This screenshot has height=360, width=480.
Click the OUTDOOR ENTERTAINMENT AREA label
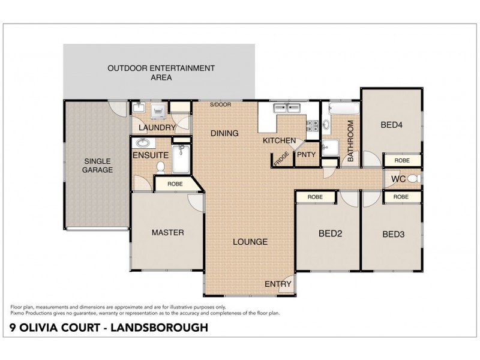(161, 73)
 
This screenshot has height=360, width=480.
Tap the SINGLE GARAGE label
(98, 166)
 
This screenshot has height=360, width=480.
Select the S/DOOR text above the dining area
(220, 105)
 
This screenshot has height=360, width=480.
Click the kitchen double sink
(287, 109)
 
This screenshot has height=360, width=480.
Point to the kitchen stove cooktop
(313, 125)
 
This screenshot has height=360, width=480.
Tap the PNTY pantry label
(306, 155)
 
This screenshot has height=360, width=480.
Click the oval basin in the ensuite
(143, 143)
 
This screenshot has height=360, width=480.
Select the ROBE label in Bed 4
(402, 161)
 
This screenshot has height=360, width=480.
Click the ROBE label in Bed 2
(315, 197)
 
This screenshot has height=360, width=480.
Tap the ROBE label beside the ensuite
(175, 184)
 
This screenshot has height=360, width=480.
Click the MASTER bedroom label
(167, 232)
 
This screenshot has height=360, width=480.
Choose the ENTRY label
(278, 284)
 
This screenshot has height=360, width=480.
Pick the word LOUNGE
(250, 242)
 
